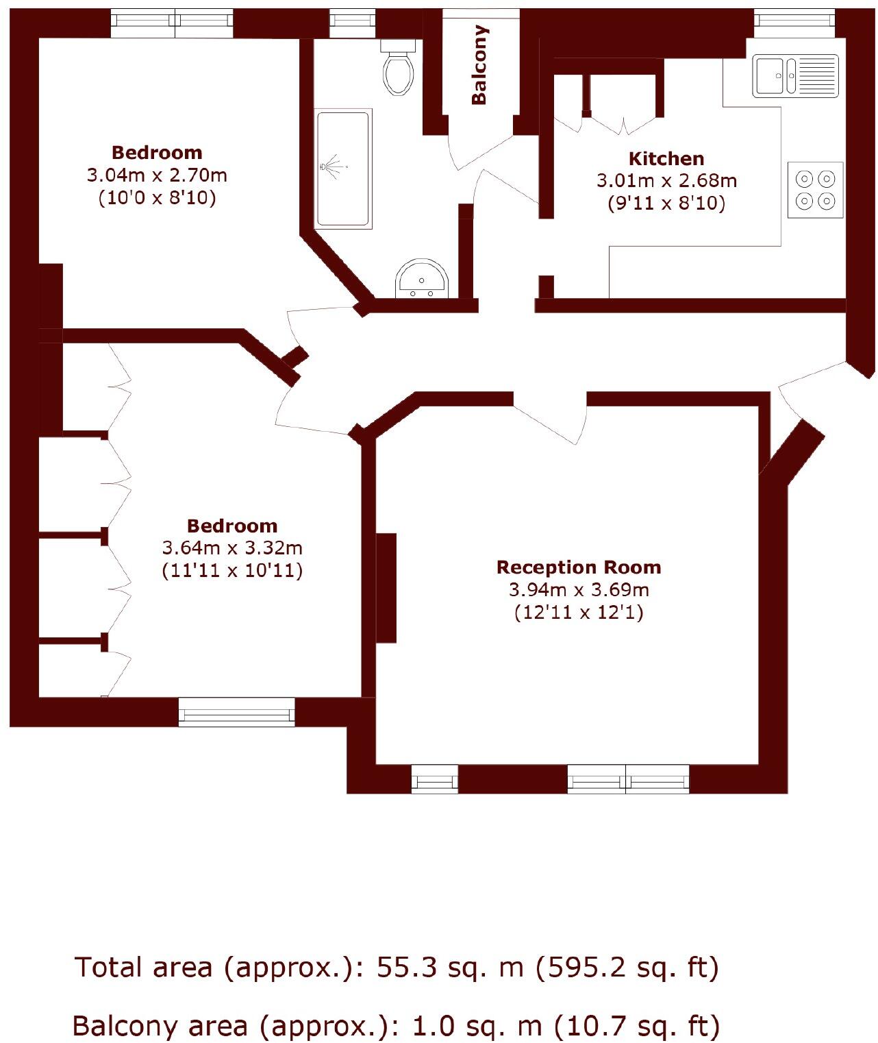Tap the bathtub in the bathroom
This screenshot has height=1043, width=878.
(x=342, y=169)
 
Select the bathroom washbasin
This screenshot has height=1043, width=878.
(x=421, y=279)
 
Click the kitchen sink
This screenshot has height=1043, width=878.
(x=795, y=76)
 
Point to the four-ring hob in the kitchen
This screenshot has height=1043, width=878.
(x=815, y=190)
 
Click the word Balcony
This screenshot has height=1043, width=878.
(x=479, y=65)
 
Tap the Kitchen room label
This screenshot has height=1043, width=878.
(x=666, y=159)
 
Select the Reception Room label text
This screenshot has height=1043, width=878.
(x=579, y=567)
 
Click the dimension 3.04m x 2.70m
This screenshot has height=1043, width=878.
(x=157, y=175)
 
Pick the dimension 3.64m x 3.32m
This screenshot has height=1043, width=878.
(x=232, y=548)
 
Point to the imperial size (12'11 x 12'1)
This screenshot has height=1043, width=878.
(x=579, y=612)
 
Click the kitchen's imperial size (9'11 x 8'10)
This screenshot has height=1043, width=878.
(x=666, y=204)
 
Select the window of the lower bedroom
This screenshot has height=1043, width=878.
(x=236, y=712)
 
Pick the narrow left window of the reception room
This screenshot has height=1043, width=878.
(x=434, y=779)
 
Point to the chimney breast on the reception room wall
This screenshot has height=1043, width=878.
(x=386, y=588)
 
